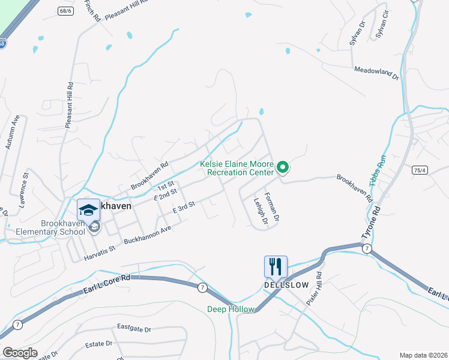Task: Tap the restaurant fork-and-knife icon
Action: point(276,266)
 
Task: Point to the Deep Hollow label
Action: point(231,309)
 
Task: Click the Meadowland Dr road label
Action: point(376,73)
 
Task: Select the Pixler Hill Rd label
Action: point(314,289)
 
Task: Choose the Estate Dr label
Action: point(100,344)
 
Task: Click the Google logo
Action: point(19,353)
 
